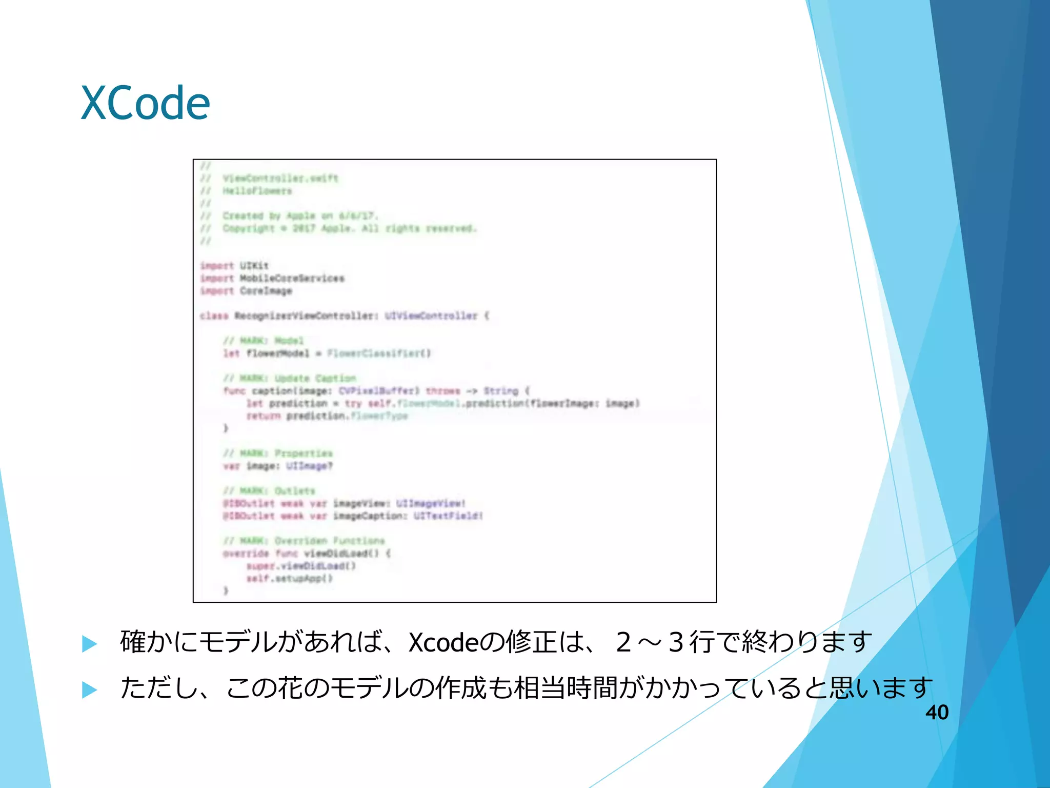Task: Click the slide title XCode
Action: click(x=146, y=103)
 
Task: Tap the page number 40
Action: click(x=937, y=712)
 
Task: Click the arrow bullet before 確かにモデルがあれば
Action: click(x=90, y=643)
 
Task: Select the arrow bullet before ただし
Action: click(x=90, y=689)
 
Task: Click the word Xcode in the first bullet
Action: click(x=443, y=642)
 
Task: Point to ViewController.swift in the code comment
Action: click(x=280, y=178)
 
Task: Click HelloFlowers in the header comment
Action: click(x=257, y=191)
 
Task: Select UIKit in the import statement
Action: click(x=254, y=266)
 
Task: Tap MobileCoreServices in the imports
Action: click(x=292, y=278)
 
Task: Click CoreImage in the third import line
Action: click(x=266, y=291)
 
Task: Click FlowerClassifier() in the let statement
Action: click(x=379, y=353)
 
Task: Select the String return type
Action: click(x=501, y=391)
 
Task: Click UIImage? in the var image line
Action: click(x=310, y=466)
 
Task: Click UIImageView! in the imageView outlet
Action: click(x=431, y=503)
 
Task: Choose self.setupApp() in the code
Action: click(x=290, y=578)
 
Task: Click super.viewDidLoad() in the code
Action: click(x=301, y=566)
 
